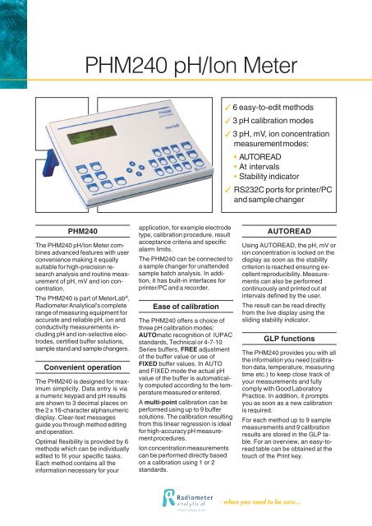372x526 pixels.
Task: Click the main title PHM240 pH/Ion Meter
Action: [x=186, y=64]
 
